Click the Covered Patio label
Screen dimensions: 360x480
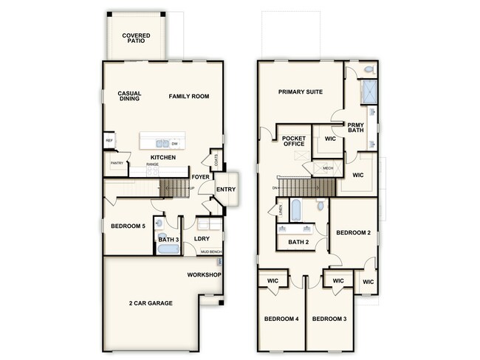click(137, 38)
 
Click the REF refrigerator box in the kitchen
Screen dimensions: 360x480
click(109, 140)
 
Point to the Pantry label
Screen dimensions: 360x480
click(116, 164)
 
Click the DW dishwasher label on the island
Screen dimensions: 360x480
click(175, 144)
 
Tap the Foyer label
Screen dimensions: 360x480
click(199, 177)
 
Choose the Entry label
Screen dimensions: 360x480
click(225, 190)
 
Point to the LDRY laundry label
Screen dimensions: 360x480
click(202, 238)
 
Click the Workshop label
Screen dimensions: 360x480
click(205, 275)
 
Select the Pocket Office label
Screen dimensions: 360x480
click(293, 141)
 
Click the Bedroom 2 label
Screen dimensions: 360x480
click(353, 232)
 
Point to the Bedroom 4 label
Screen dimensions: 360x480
click(281, 319)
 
